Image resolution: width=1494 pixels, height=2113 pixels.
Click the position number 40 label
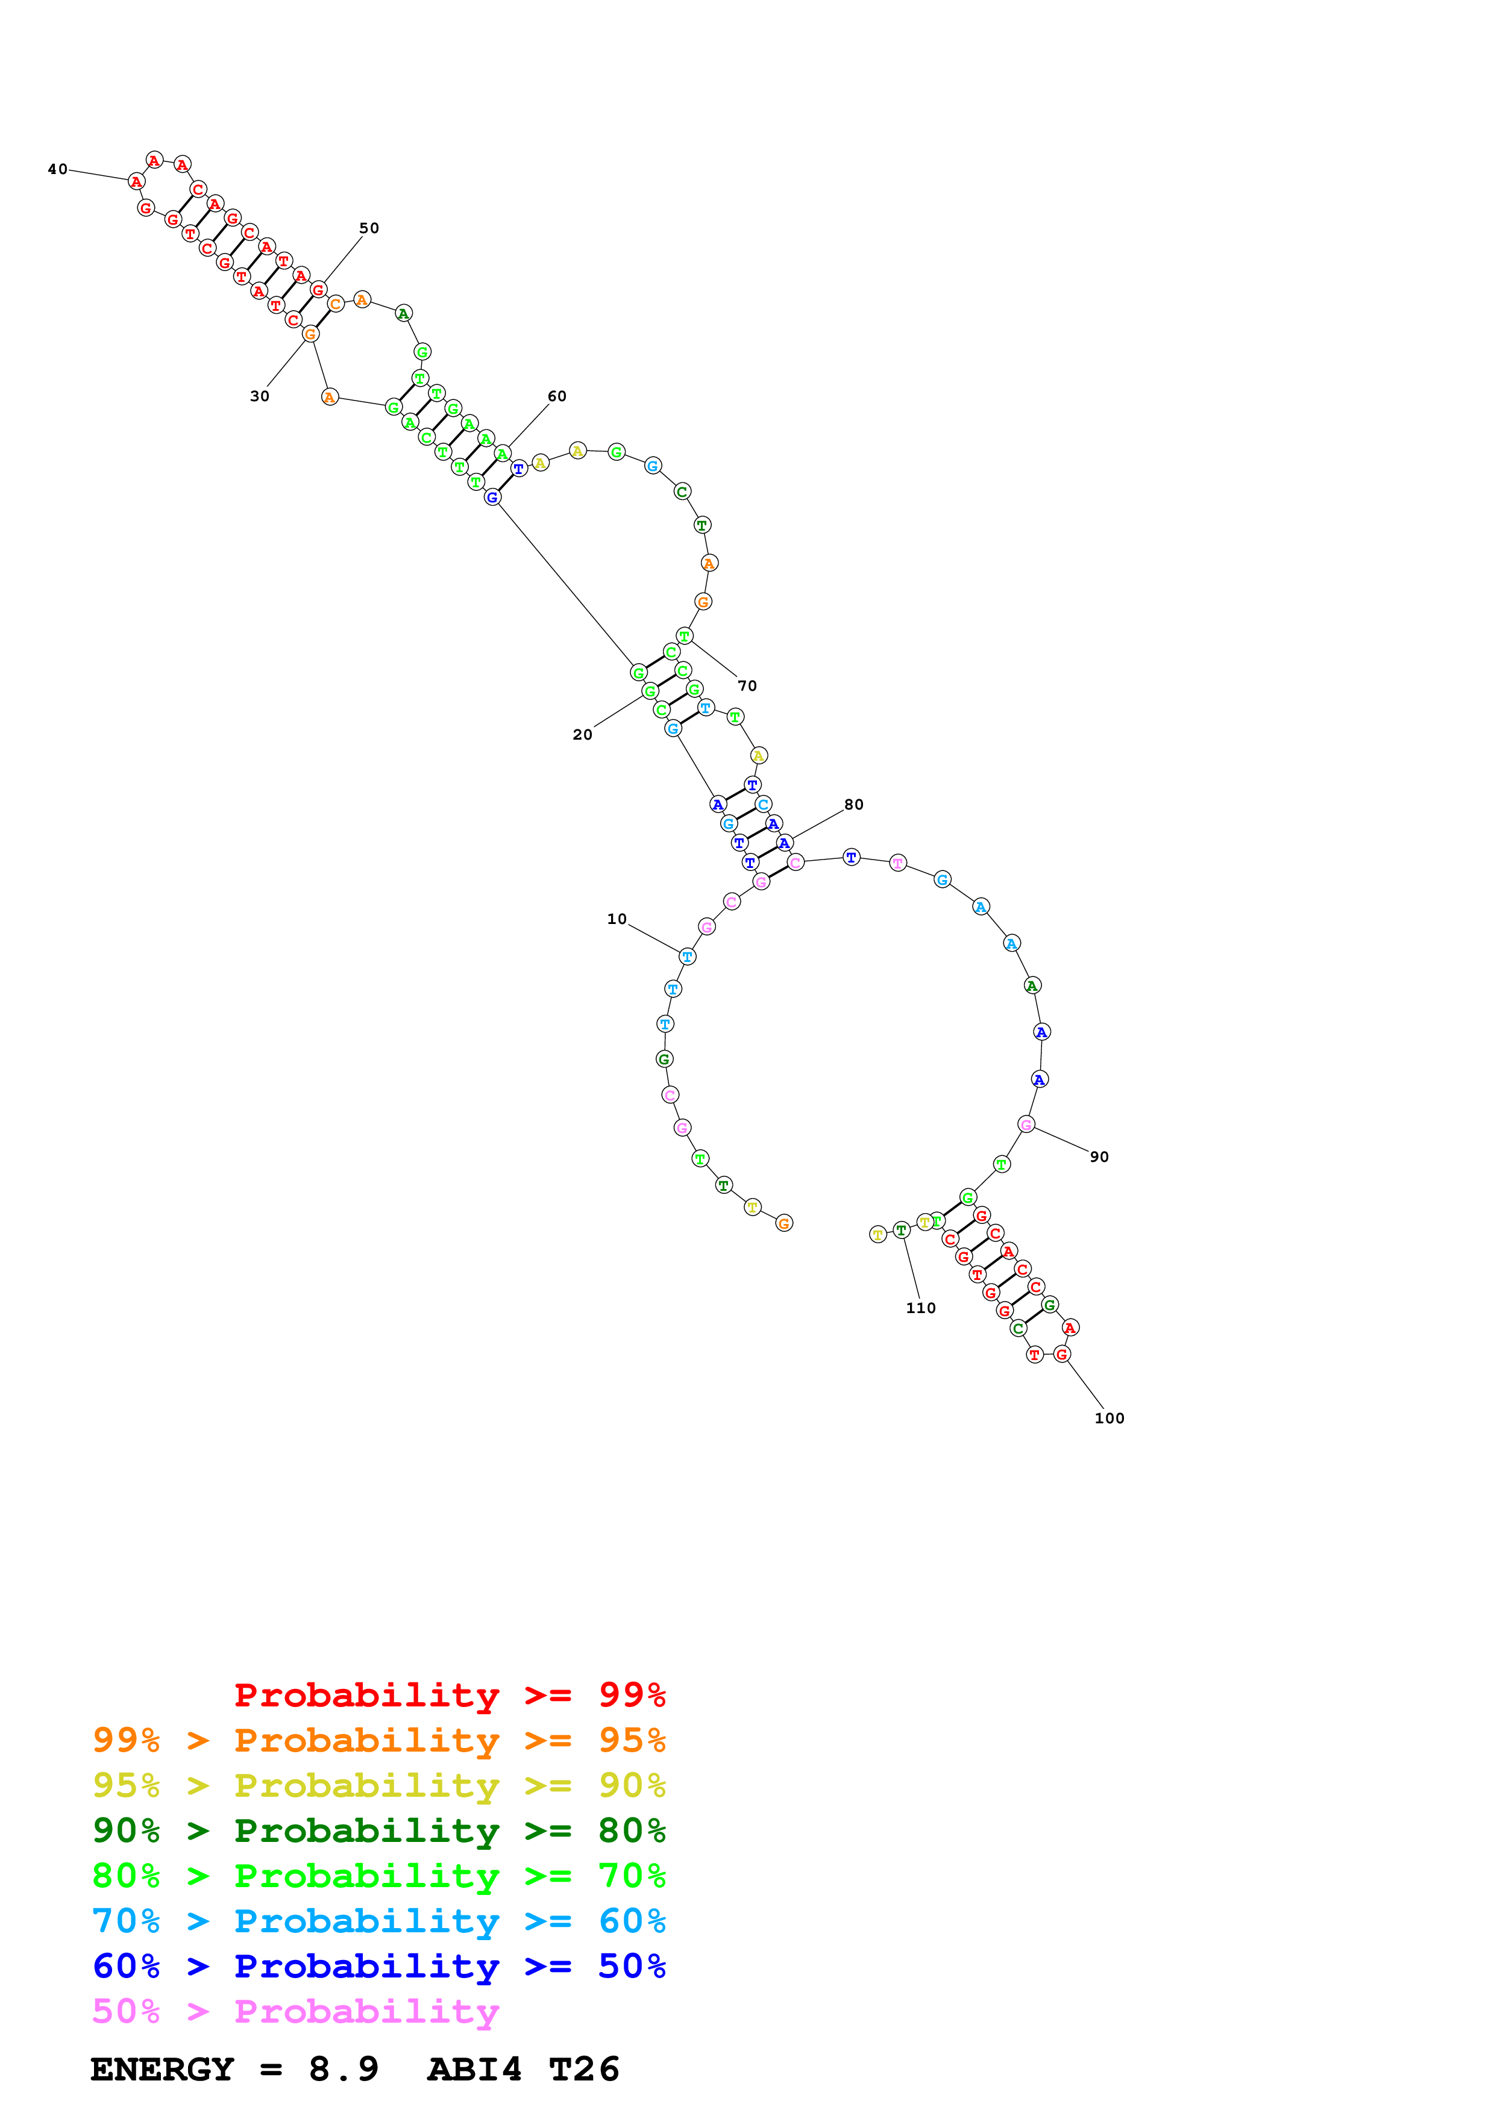tap(57, 169)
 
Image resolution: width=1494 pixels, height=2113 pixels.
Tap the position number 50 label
tap(369, 228)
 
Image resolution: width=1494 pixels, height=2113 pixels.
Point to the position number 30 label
tap(260, 397)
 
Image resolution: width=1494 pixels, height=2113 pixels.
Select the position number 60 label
tap(557, 397)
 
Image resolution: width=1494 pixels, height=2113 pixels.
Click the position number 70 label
tap(747, 685)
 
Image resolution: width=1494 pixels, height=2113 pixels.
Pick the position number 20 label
tap(583, 734)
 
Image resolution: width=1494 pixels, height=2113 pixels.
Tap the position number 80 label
tap(854, 804)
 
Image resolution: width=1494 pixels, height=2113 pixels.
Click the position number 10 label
tap(617, 919)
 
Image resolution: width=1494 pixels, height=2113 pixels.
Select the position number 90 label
tap(1099, 1157)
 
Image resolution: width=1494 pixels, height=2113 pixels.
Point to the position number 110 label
tap(920, 1308)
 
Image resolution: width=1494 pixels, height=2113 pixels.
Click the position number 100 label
tap(1110, 1418)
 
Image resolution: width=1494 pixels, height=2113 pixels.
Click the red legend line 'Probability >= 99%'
tap(449, 1695)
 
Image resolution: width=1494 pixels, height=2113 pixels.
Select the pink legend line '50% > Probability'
tap(295, 2012)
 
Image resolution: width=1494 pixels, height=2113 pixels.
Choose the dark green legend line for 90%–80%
tap(378, 1831)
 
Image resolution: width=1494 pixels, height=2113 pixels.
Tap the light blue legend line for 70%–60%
tap(378, 1921)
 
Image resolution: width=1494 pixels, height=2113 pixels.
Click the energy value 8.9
tap(344, 2070)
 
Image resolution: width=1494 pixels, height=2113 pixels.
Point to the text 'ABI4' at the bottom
tap(474, 2070)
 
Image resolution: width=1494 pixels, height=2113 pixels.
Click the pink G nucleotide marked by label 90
tap(1026, 1125)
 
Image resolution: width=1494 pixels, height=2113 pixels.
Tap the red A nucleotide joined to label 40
tap(136, 181)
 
